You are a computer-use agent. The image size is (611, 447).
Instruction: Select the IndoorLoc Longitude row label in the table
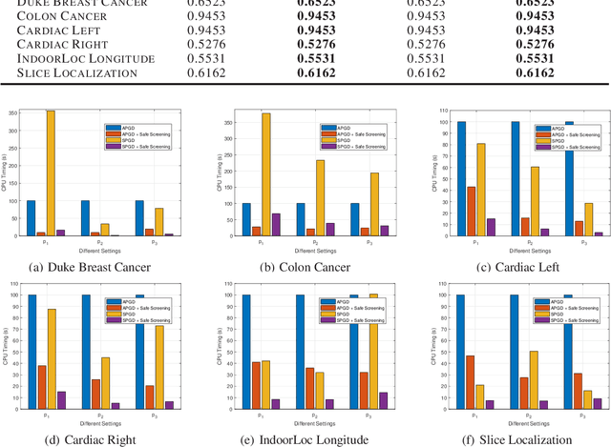(85, 59)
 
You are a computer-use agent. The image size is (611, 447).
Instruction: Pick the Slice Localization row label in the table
(80, 73)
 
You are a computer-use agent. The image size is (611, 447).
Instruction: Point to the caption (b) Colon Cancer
(305, 268)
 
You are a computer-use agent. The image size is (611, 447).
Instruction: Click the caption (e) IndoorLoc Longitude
(305, 439)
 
